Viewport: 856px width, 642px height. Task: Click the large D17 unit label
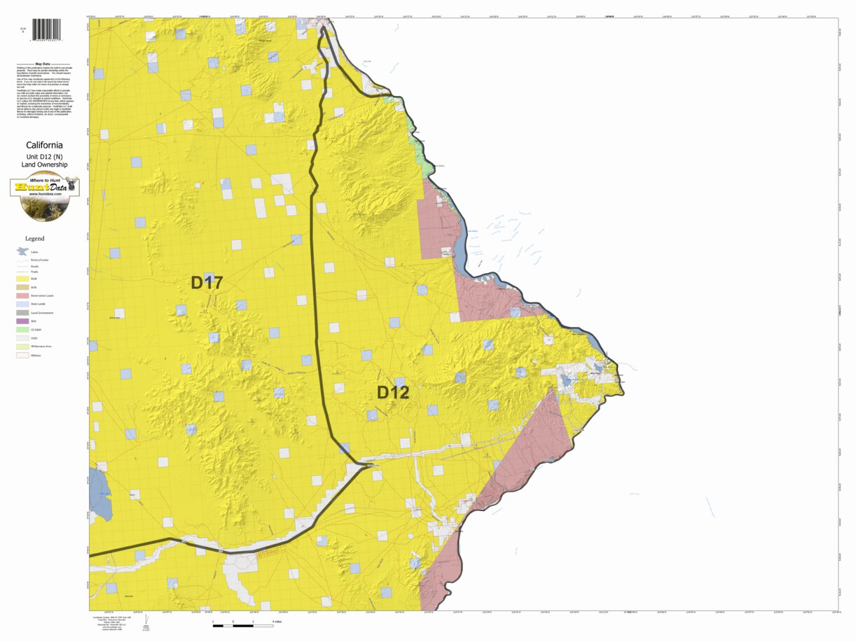207,283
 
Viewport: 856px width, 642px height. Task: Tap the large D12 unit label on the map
393,393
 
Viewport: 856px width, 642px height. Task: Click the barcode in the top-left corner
46,29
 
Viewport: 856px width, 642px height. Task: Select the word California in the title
44,146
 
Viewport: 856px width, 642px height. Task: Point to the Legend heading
35,239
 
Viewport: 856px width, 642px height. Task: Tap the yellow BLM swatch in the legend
22,279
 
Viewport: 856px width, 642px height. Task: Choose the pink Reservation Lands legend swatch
22,295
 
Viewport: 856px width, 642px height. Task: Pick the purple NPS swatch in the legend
22,321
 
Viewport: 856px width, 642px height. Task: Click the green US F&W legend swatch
22,329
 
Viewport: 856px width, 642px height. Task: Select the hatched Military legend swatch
22,355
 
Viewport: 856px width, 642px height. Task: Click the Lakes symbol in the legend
22,251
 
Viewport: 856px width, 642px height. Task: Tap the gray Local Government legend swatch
22,312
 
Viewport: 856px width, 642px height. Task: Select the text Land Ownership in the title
44,165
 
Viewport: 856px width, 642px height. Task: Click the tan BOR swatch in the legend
22,287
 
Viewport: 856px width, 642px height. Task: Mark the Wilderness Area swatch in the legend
22,346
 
